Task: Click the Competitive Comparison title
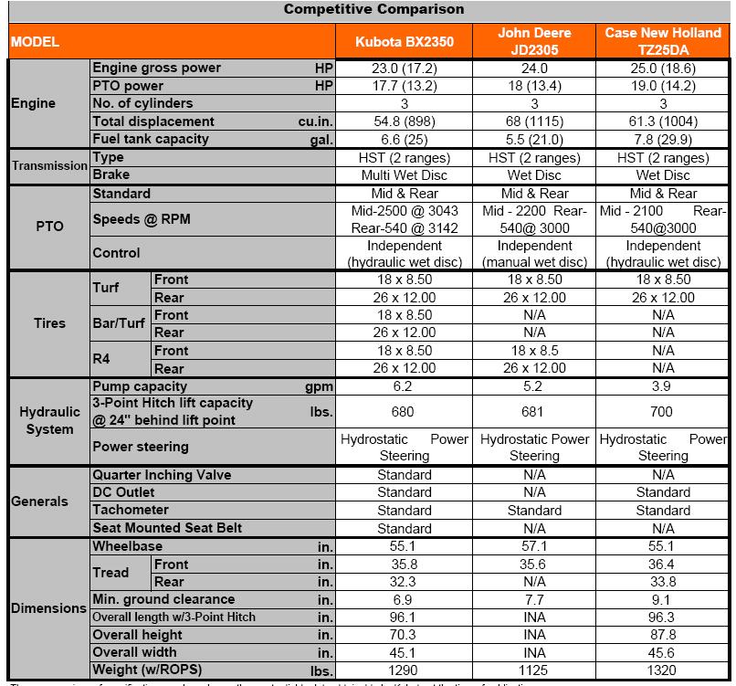pos(373,9)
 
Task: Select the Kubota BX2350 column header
pos(404,42)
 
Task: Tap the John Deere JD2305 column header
pos(534,42)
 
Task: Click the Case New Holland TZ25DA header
pos(663,42)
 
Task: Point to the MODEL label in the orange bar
pos(36,42)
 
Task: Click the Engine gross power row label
pos(157,68)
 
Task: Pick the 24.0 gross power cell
pos(534,68)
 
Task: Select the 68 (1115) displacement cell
pos(534,121)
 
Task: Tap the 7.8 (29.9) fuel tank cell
pos(663,140)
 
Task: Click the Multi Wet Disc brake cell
pos(404,175)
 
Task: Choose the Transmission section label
pos(48,166)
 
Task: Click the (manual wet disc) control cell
pos(534,262)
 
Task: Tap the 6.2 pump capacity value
pos(404,386)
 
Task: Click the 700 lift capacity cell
pos(663,412)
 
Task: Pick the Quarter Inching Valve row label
pos(162,475)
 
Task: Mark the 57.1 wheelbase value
pos(534,546)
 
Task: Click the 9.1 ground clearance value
pos(663,600)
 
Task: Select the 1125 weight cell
pos(534,671)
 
